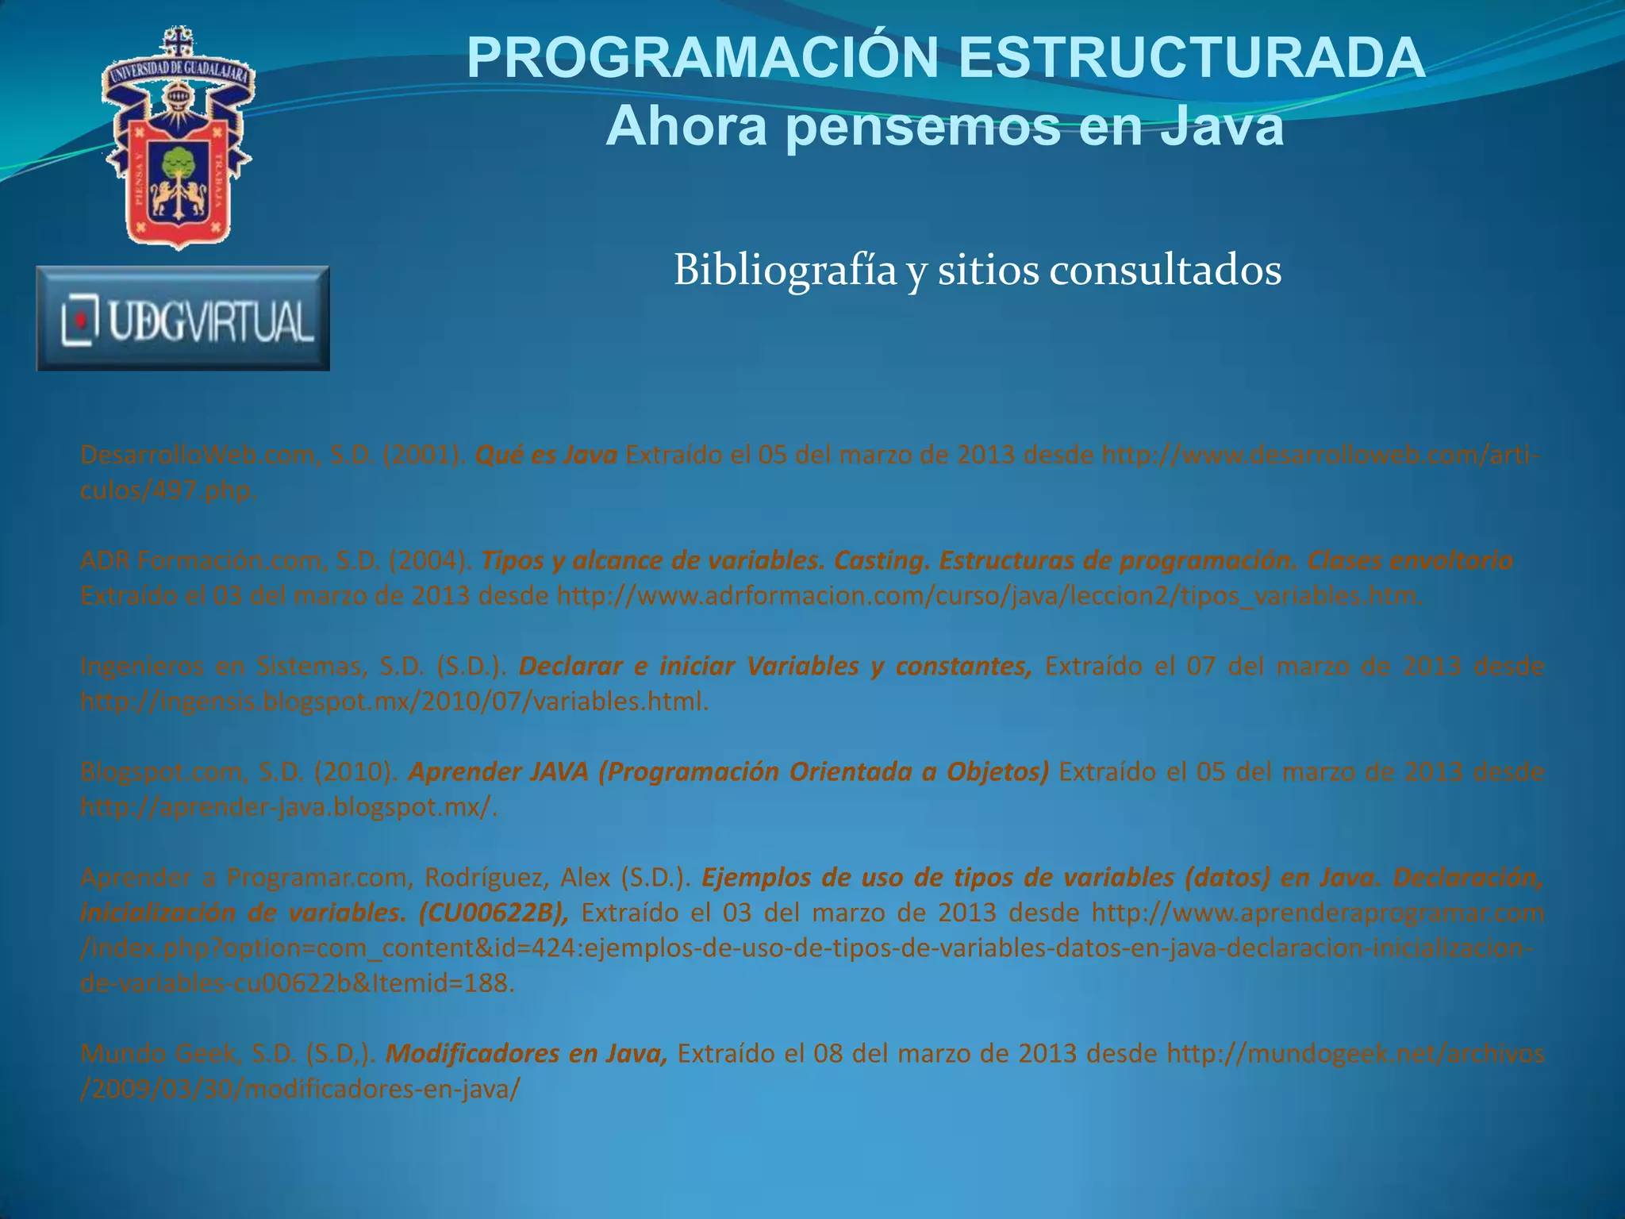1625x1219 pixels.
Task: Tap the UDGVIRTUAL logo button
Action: [x=183, y=319]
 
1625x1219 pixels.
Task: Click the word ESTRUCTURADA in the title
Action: [x=1192, y=59]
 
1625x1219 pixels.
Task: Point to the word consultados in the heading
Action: [x=1165, y=271]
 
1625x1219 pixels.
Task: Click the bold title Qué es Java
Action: [x=546, y=456]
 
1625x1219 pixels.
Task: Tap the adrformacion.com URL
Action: [x=988, y=596]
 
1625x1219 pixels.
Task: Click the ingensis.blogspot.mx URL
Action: [x=394, y=702]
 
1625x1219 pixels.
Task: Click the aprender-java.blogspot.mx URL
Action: [x=289, y=807]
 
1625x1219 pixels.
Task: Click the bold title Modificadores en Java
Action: [x=526, y=1054]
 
